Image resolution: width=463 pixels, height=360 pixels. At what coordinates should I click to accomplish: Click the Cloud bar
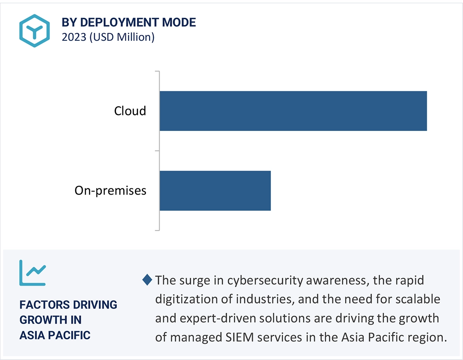293,111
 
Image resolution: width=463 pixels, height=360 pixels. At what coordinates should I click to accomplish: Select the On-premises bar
215,190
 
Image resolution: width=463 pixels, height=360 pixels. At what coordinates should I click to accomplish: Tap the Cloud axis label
130,111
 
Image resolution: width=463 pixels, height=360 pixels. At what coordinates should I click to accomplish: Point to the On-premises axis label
110,191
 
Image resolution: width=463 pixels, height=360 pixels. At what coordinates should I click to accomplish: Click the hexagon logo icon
34,31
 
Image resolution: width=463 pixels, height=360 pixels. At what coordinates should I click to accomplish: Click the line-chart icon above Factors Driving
33,273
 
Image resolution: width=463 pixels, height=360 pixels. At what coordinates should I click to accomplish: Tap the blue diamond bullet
147,280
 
